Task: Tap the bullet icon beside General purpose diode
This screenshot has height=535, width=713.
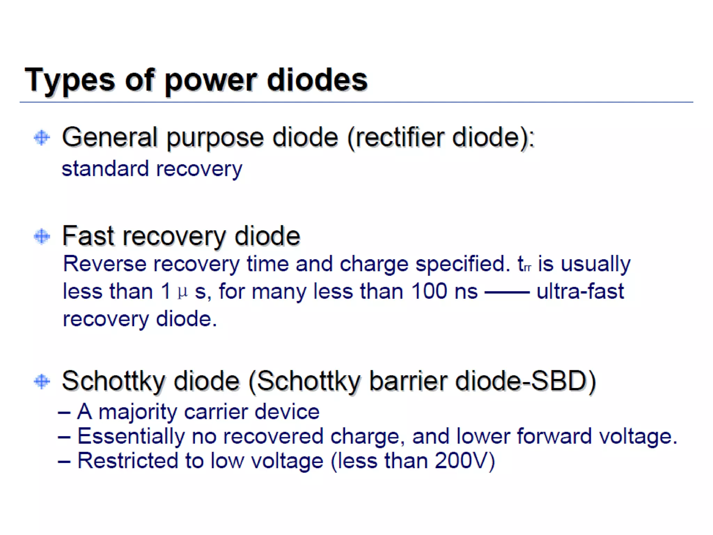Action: tap(42, 138)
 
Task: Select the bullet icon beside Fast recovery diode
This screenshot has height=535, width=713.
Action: tap(42, 237)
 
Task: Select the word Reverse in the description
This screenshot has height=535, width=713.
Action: tap(104, 264)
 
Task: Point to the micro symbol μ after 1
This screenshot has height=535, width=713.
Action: tap(183, 292)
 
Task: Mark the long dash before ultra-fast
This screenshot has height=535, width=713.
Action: tap(507, 292)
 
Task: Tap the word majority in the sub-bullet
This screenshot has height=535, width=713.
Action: tap(138, 412)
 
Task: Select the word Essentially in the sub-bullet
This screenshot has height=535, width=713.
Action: tap(131, 436)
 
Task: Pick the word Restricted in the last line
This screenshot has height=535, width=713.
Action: tap(127, 461)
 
